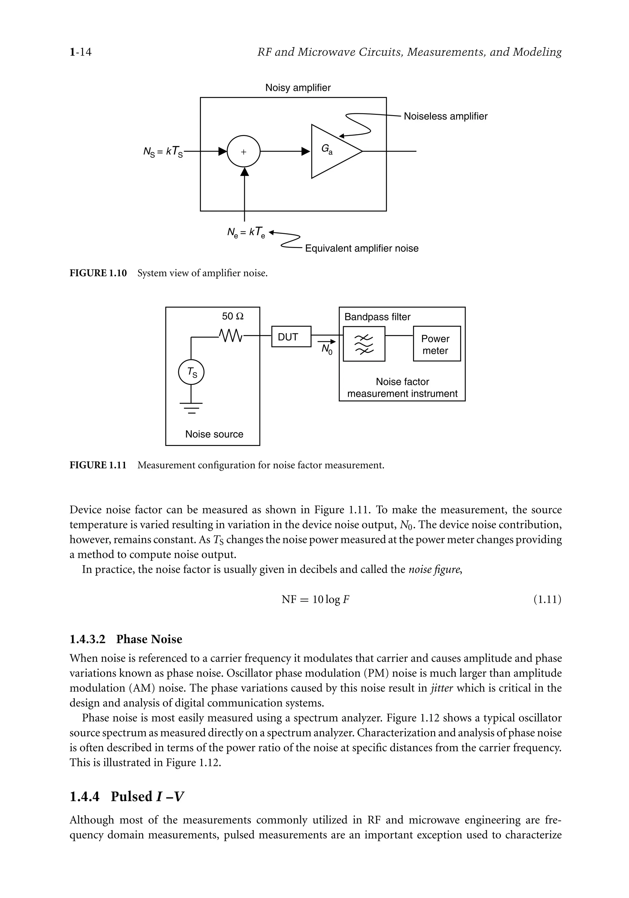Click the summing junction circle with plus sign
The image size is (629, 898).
click(244, 151)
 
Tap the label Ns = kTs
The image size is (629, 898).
click(163, 152)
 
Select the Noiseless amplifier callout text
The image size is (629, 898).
click(445, 116)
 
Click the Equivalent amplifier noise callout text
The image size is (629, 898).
click(362, 248)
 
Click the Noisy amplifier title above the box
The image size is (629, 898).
click(298, 87)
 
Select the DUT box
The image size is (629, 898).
click(291, 336)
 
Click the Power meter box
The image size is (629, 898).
click(436, 344)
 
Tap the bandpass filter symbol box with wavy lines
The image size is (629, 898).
click(364, 344)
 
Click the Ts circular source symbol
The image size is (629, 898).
click(191, 373)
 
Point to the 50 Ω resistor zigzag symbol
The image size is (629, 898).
click(231, 335)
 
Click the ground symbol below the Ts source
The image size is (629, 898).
click(191, 408)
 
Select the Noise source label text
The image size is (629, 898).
click(214, 434)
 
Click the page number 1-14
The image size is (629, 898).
click(80, 52)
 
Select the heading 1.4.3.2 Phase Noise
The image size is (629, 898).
click(126, 639)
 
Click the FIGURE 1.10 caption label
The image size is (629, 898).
click(98, 273)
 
